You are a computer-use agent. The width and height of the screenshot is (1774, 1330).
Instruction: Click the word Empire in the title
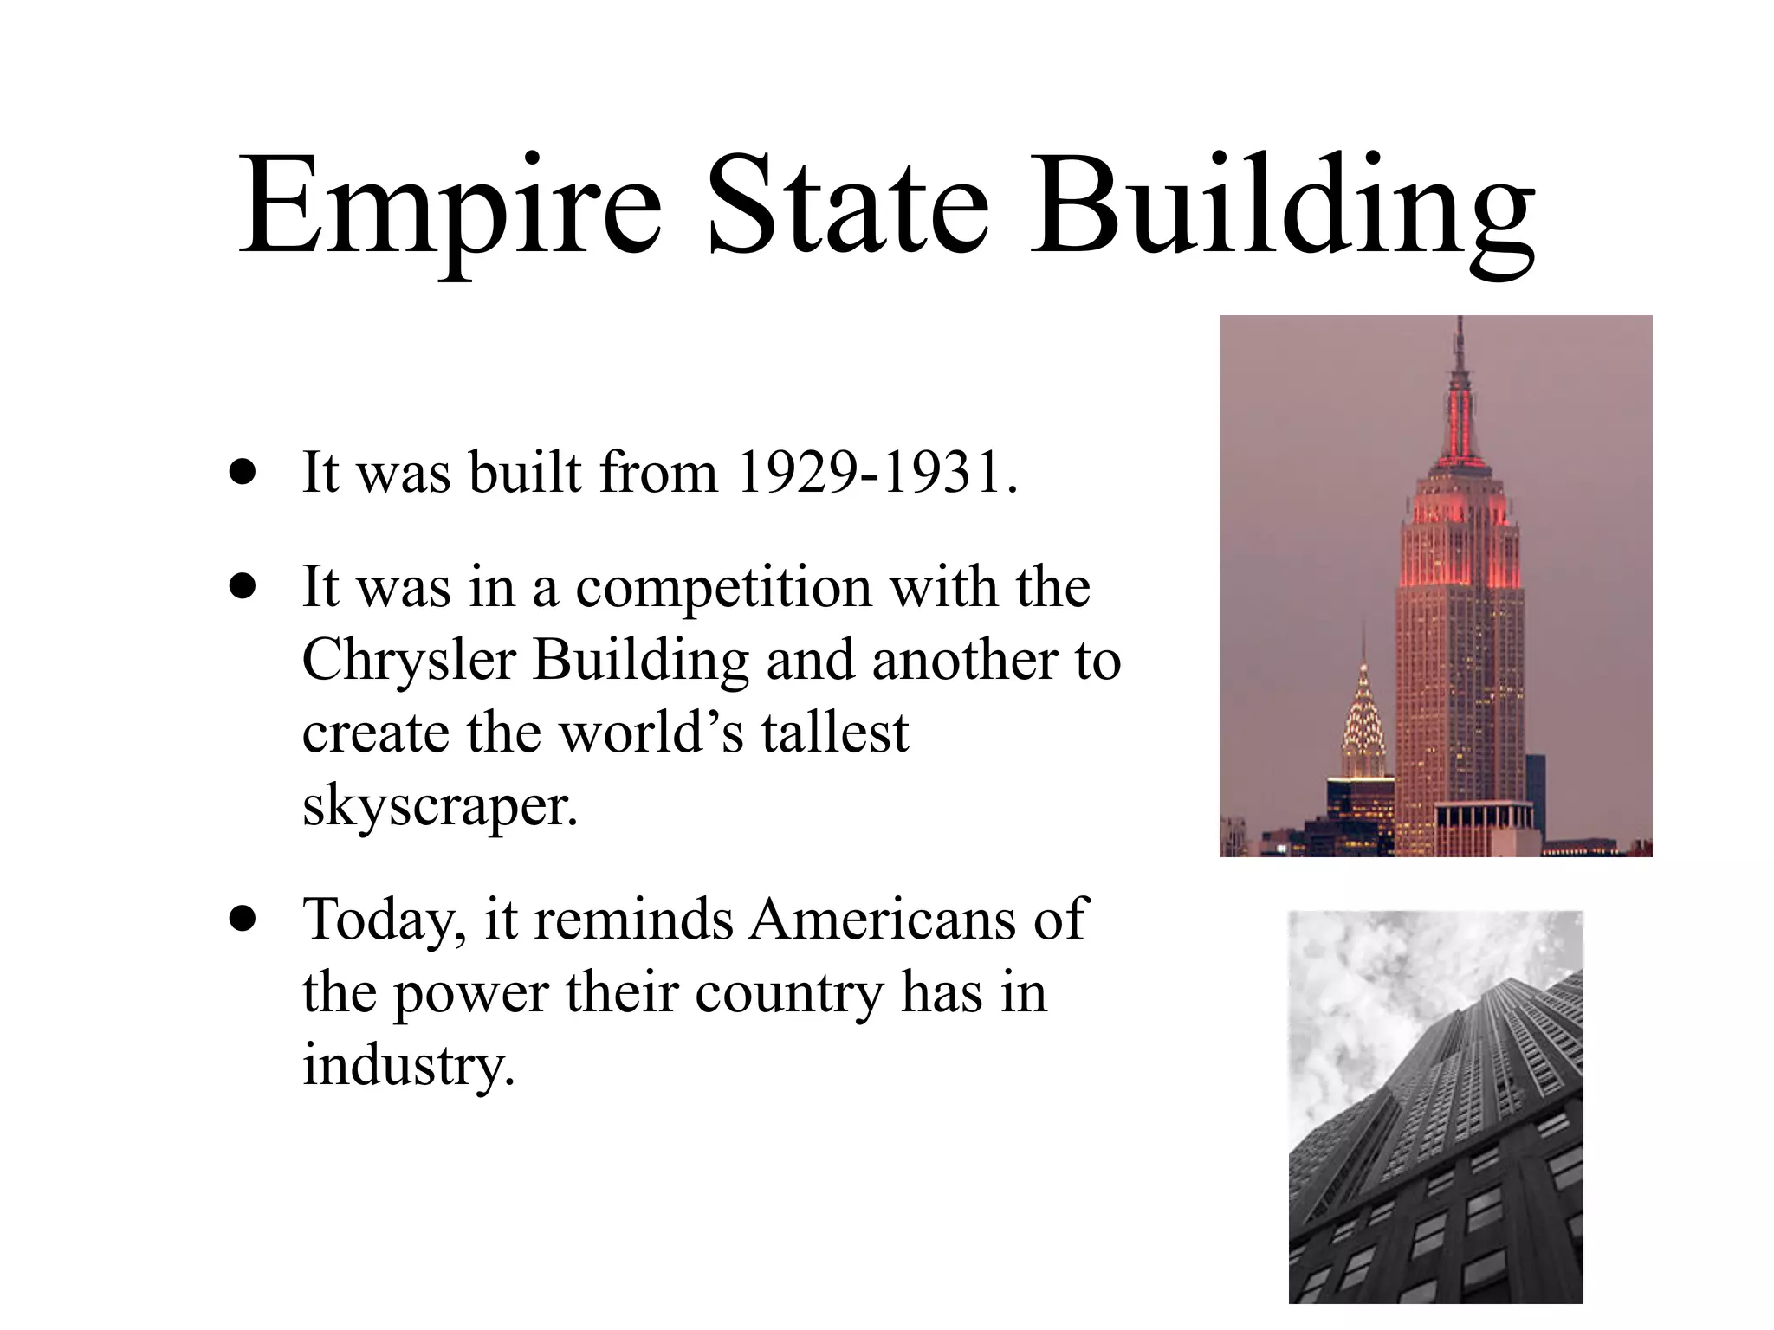click(x=450, y=208)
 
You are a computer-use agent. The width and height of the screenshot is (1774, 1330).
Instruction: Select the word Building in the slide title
click(x=1281, y=208)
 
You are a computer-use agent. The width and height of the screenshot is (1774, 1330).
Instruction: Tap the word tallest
click(x=835, y=733)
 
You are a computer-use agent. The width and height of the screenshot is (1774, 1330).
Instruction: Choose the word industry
click(x=408, y=1065)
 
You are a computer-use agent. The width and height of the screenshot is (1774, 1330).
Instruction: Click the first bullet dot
click(x=243, y=473)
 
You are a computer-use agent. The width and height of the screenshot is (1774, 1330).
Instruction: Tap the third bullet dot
click(x=243, y=919)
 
